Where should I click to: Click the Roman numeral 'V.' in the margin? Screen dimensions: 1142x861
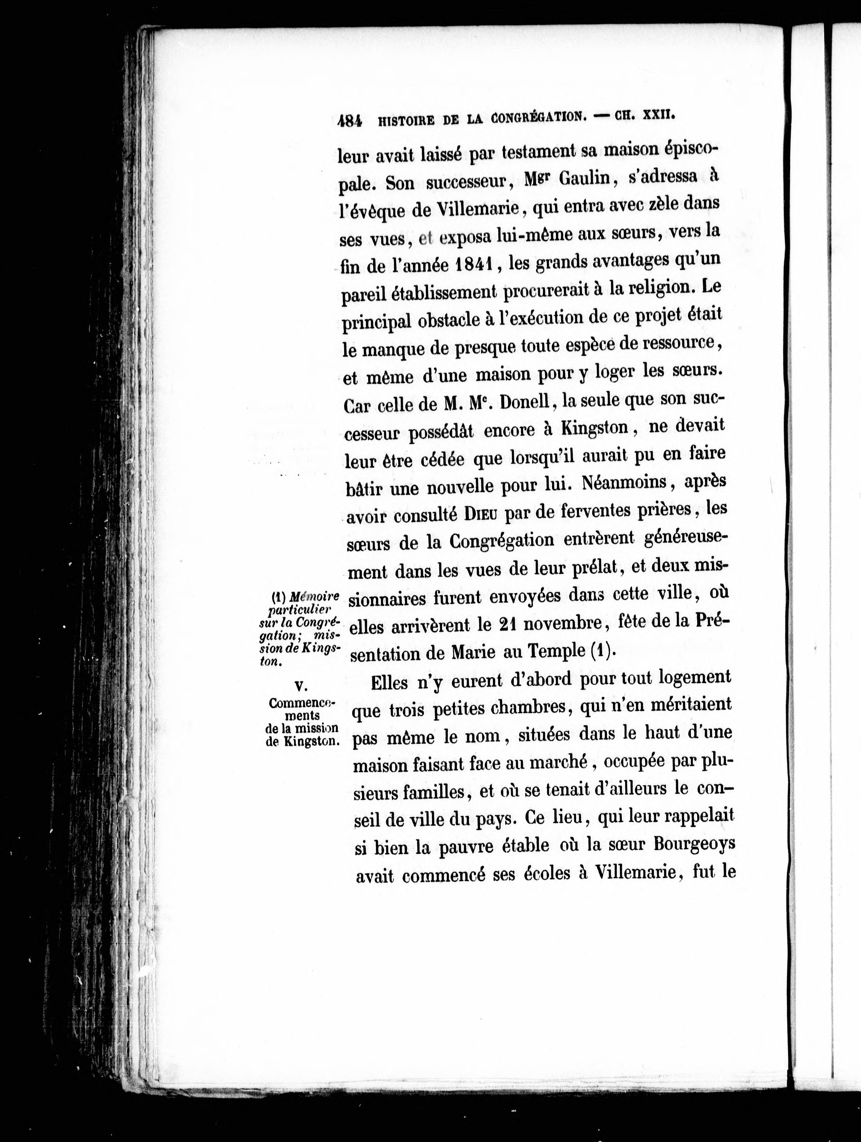[301, 685]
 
